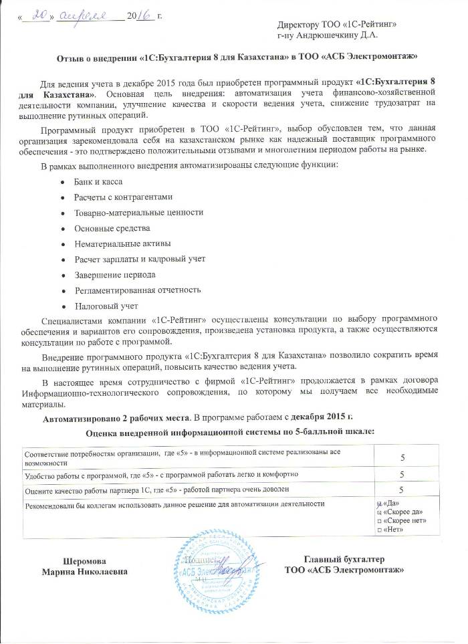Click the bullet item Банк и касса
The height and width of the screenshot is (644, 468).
coord(98,182)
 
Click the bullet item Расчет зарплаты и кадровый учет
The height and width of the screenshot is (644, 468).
coord(139,258)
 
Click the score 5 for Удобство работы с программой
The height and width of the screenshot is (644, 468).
coord(402,473)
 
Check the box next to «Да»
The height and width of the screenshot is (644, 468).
coord(379,503)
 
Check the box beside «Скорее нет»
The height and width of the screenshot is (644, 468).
coord(379,520)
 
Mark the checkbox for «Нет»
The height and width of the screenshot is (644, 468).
coord(379,530)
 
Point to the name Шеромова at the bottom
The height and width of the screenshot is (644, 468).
coord(84,560)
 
